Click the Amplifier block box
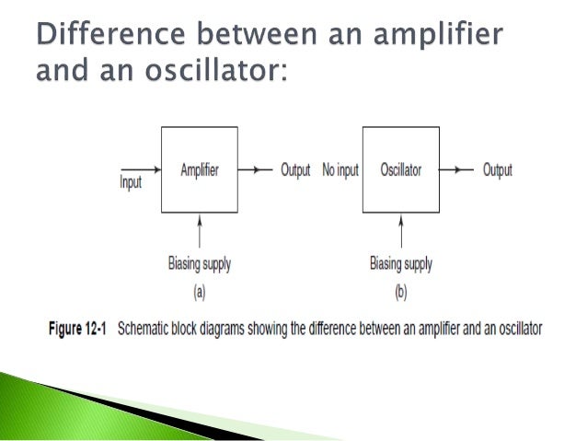[200, 170]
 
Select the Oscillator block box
[400, 170]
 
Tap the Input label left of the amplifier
[131, 182]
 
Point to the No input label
[340, 170]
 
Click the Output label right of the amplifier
[295, 170]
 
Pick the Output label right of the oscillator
[497, 170]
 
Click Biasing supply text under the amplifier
[200, 264]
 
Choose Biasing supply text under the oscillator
[400, 264]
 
